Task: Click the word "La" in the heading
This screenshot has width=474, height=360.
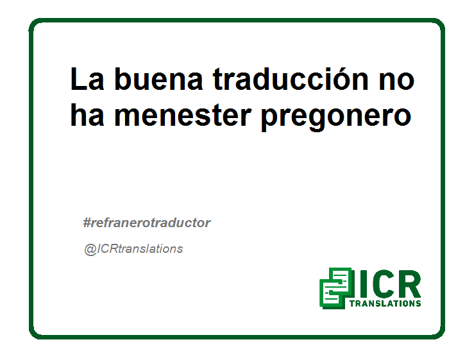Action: click(87, 79)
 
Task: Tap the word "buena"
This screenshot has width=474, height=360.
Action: click(158, 79)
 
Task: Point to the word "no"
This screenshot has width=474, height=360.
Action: click(396, 81)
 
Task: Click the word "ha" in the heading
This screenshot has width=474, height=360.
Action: click(87, 115)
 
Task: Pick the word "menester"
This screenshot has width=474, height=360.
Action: click(183, 116)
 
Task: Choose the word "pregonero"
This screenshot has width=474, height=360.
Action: click(336, 118)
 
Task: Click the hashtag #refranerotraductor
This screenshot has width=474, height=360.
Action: click(147, 223)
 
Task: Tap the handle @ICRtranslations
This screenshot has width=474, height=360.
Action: click(133, 249)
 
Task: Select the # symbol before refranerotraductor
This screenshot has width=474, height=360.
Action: click(87, 223)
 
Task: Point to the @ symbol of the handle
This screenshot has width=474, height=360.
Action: click(90, 250)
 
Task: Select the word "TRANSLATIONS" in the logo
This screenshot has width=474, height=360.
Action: click(385, 304)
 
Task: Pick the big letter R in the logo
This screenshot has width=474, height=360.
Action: click(409, 284)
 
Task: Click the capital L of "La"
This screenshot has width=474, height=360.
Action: click(78, 79)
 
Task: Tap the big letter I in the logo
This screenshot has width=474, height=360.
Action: click(363, 284)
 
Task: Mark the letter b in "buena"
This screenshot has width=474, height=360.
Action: click(124, 79)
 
